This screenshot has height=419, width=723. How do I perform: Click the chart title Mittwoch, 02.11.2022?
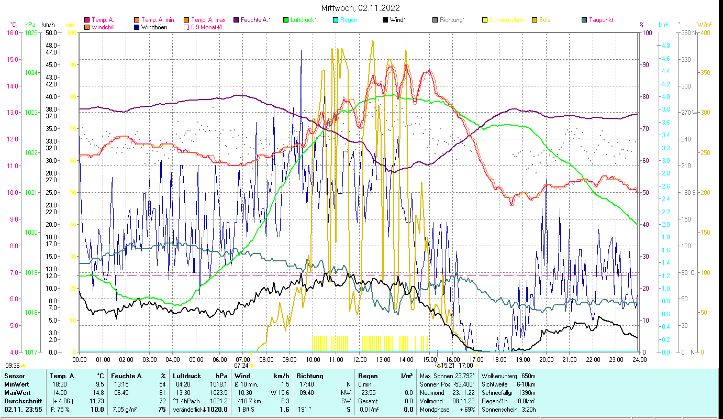[x=361, y=8]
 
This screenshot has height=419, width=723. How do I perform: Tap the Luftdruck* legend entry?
[x=303, y=20]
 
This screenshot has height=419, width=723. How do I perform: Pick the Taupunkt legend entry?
[x=600, y=20]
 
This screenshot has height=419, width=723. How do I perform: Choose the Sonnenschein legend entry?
[x=507, y=20]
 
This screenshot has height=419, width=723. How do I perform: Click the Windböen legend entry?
[x=154, y=27]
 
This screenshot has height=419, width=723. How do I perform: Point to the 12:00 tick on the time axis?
[x=360, y=359]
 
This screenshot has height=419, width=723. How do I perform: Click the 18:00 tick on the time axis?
[x=499, y=359]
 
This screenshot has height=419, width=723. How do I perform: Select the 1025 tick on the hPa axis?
[x=31, y=32]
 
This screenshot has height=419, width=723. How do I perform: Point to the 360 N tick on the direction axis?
[x=688, y=32]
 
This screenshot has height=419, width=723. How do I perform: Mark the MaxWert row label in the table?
[x=17, y=392]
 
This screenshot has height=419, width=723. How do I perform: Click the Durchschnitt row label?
[x=21, y=401]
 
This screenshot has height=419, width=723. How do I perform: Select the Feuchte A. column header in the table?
[x=127, y=376]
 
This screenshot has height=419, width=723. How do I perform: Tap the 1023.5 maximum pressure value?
[x=218, y=392]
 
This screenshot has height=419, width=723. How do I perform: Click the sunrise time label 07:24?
[x=241, y=365]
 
